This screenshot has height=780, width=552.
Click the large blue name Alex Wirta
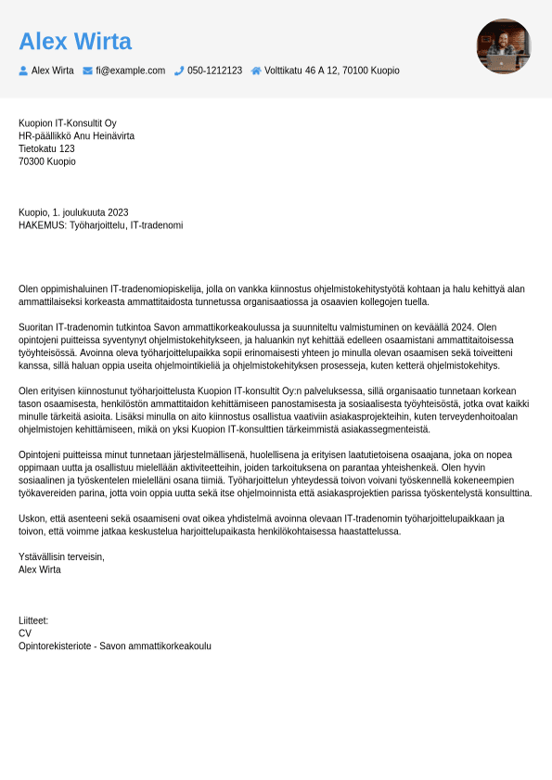click(x=75, y=42)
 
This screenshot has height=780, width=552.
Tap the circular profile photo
click(x=504, y=46)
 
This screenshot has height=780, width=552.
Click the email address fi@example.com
click(x=130, y=70)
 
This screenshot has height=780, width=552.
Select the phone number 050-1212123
click(x=214, y=70)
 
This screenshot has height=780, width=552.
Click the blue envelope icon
click(x=87, y=70)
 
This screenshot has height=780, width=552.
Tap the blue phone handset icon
click(x=179, y=70)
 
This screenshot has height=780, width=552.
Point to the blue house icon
click(x=256, y=70)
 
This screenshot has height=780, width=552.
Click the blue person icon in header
click(x=23, y=70)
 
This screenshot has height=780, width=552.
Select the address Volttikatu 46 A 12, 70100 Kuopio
click(x=331, y=70)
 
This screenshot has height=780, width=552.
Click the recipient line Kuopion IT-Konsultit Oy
click(x=68, y=123)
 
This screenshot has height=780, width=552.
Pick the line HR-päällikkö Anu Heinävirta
click(x=76, y=136)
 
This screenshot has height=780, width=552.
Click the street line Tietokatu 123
click(x=46, y=148)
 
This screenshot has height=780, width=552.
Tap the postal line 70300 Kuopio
click(x=47, y=161)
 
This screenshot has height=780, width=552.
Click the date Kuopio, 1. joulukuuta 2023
click(x=73, y=212)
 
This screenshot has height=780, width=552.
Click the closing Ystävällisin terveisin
click(x=61, y=556)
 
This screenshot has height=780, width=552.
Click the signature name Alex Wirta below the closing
click(x=40, y=569)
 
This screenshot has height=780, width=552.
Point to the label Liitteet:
click(x=33, y=620)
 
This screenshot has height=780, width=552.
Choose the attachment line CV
click(x=25, y=633)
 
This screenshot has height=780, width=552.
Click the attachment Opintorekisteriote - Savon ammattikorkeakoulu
click(x=115, y=646)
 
